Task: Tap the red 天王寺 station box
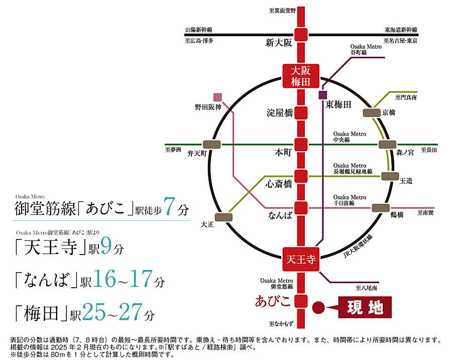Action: (x=300, y=260)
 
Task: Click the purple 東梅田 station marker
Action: (x=322, y=94)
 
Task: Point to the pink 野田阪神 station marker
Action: (x=217, y=97)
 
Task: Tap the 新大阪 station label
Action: (x=278, y=43)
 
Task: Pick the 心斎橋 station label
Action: (x=279, y=184)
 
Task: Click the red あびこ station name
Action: (x=273, y=302)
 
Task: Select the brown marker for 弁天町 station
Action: (x=211, y=144)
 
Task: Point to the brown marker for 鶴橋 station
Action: (x=380, y=208)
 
